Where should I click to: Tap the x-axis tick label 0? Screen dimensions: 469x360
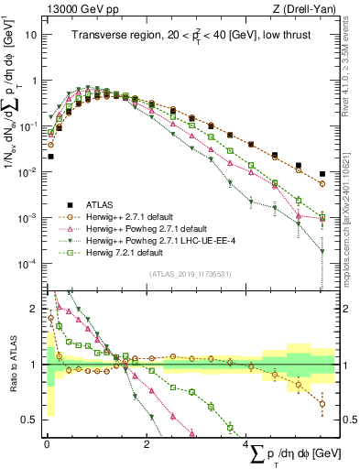[47, 444]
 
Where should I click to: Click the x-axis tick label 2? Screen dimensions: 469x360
[147, 444]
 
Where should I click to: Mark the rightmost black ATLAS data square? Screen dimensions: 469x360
[321, 174]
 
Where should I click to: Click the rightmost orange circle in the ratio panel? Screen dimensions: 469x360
[321, 402]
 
